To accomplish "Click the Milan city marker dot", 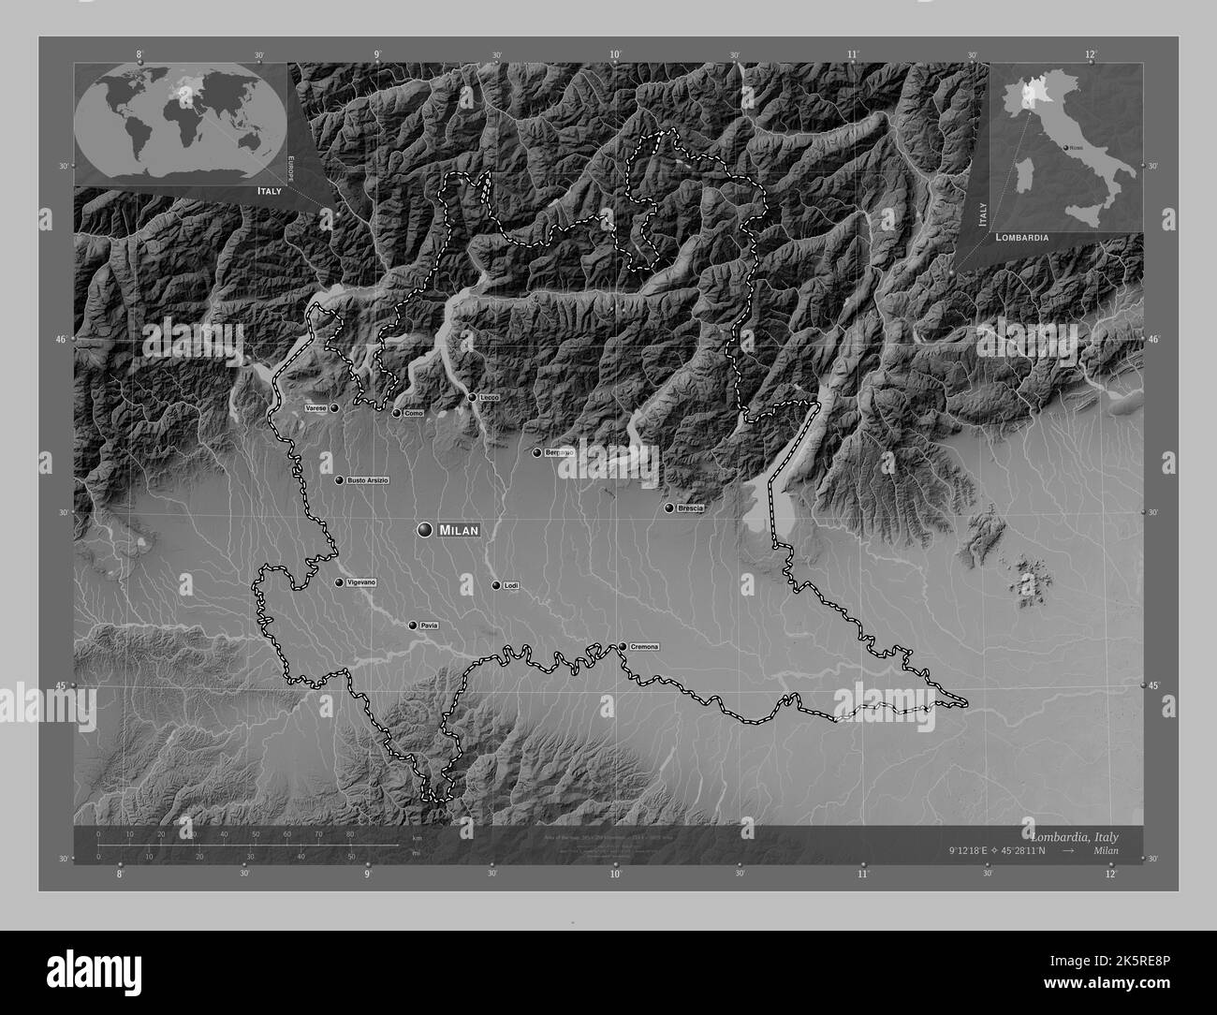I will click(x=426, y=530).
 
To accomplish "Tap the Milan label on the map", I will click(x=459, y=531).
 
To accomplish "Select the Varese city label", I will click(x=315, y=409).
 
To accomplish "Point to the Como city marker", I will click(x=397, y=413).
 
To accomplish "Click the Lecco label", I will click(x=490, y=398).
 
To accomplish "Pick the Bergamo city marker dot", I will click(x=537, y=453).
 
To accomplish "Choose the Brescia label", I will click(x=691, y=508).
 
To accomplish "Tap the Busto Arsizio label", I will click(x=368, y=480).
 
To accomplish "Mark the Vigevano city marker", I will click(x=339, y=582).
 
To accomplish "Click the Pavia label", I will click(x=430, y=625).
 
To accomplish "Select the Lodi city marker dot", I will click(x=496, y=585).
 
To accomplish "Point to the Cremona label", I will click(x=645, y=647).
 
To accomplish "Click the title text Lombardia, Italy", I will click(x=1074, y=836).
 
